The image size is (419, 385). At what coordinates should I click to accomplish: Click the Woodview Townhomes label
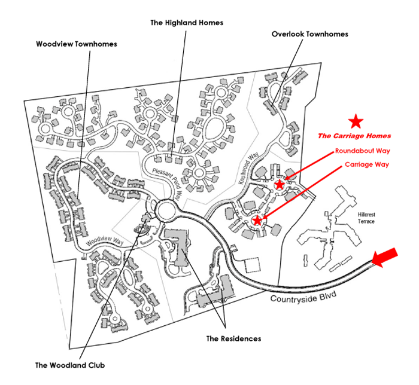click(x=77, y=44)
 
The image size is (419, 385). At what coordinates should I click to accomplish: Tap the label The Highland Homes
click(x=187, y=23)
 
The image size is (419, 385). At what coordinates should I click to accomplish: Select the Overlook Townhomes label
click(x=309, y=34)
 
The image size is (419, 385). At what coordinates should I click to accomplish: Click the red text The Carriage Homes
click(x=354, y=136)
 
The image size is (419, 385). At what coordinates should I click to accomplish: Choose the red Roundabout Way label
click(x=358, y=151)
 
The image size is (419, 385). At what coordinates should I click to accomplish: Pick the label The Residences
click(x=234, y=339)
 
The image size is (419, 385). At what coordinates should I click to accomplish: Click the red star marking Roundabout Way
click(x=279, y=185)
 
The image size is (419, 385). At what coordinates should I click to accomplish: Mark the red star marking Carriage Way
click(x=257, y=221)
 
